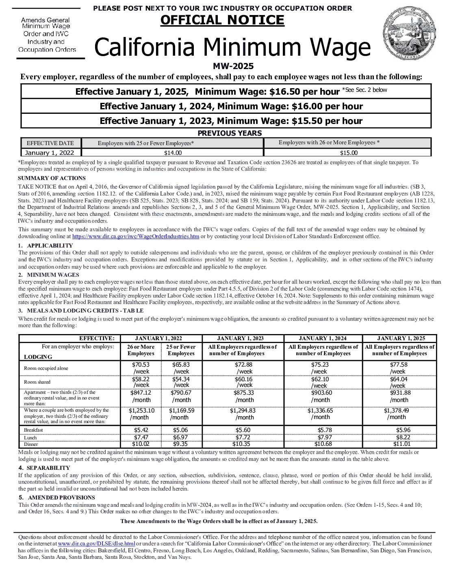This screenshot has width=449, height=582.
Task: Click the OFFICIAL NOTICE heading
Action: tap(222, 20)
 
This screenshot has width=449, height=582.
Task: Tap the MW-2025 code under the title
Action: tap(233, 66)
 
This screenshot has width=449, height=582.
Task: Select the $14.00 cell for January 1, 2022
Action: tap(173, 153)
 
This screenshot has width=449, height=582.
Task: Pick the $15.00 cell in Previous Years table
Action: tap(349, 153)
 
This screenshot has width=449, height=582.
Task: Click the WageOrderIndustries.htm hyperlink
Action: tap(136, 236)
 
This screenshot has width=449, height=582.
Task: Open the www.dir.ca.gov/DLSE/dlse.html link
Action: tap(96, 543)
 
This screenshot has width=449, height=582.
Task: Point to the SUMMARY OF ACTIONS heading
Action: tap(52, 178)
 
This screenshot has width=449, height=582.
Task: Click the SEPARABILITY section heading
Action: tap(48, 468)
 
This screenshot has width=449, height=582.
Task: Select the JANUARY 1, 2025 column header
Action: tap(401, 338)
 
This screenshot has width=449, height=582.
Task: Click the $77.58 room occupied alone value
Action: tap(398, 365)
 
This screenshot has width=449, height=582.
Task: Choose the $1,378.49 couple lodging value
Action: tap(396, 410)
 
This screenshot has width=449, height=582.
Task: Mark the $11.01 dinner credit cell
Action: tap(401, 444)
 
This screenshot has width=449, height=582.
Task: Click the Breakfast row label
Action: tap(33, 430)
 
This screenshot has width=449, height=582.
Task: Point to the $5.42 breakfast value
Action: tap(141, 430)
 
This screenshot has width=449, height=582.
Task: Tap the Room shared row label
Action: tap(37, 382)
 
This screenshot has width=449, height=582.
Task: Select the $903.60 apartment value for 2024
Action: tap(321, 393)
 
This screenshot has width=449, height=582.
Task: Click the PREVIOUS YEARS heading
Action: tap(230, 133)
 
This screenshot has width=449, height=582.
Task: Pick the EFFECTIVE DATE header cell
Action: tap(50, 143)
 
